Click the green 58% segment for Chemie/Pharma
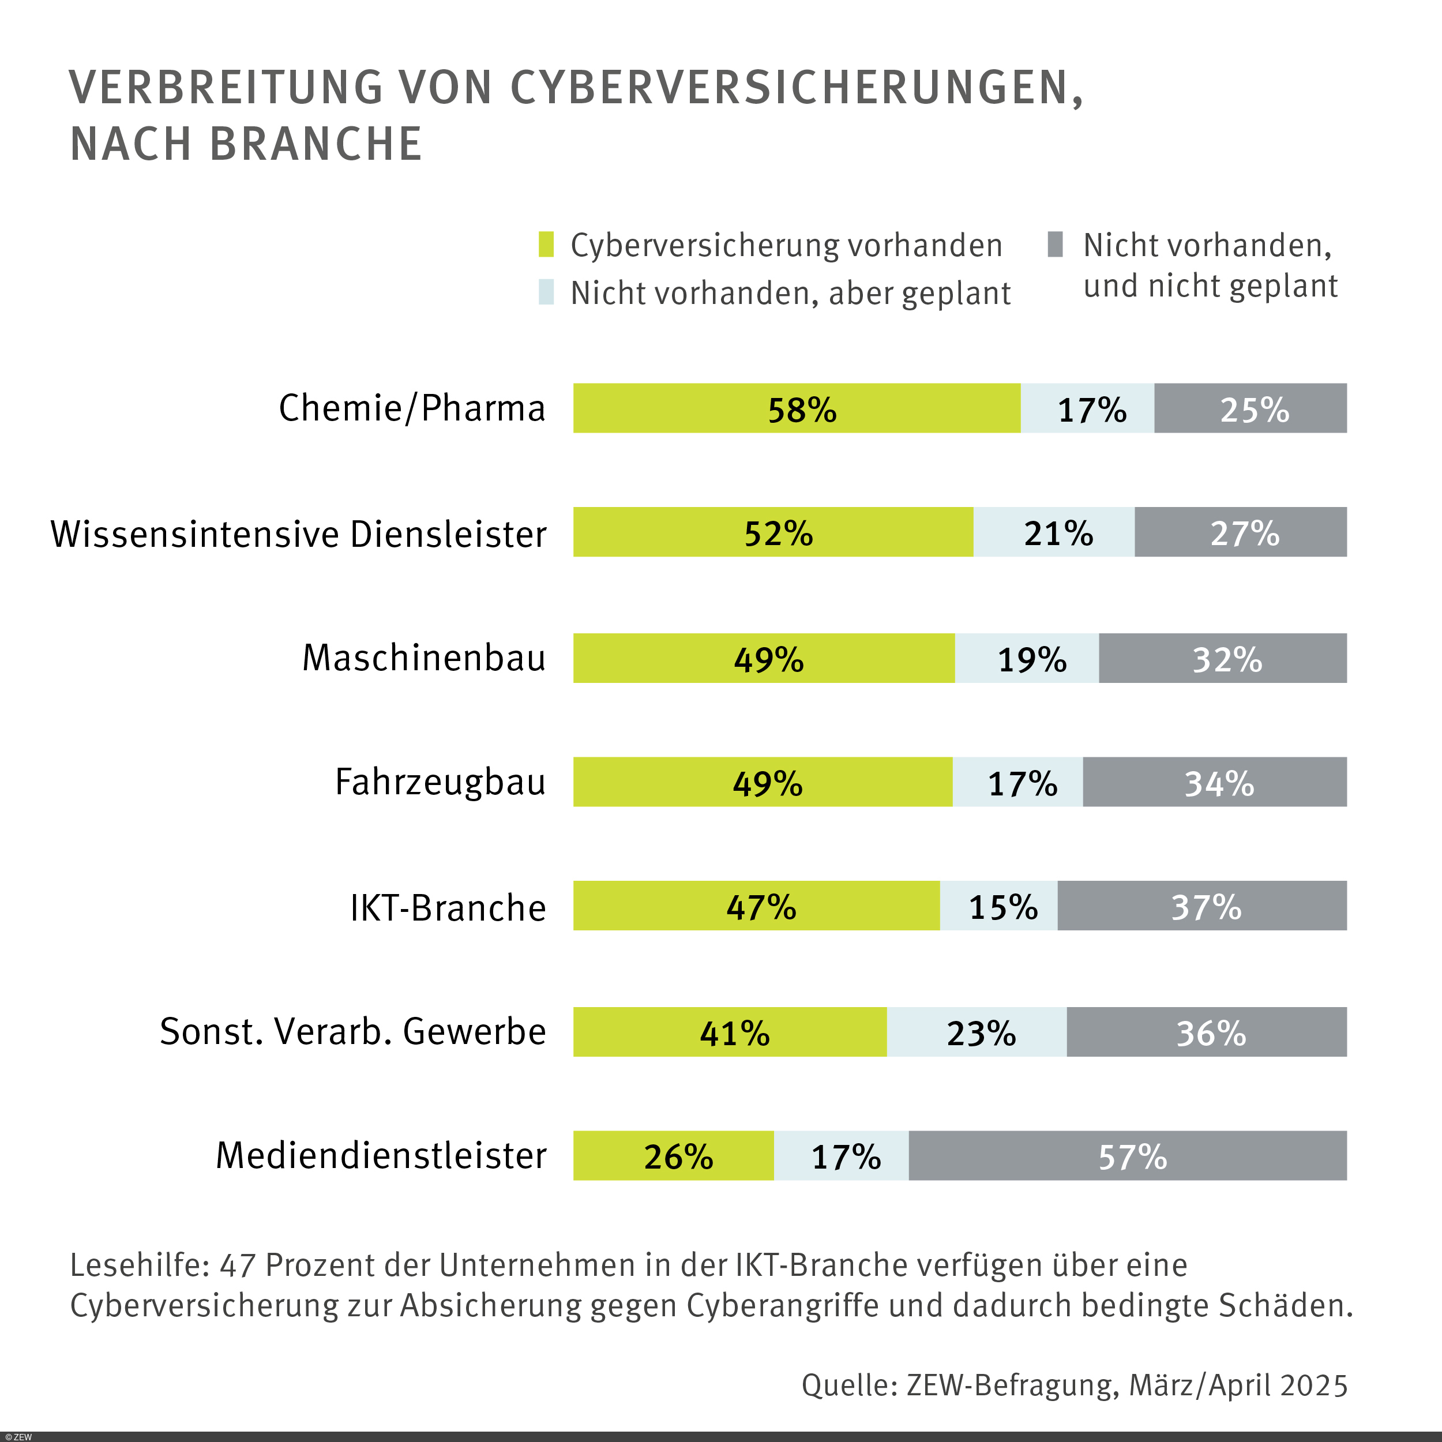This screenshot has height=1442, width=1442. coord(797,408)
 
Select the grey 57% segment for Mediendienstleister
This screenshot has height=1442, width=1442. coord(1127,1156)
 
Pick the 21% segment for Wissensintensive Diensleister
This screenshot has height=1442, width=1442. coord(1053,532)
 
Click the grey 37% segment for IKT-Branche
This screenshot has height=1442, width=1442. coord(1201,906)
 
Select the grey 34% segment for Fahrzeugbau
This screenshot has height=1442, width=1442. coord(1214,782)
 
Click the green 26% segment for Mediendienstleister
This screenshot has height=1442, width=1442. coord(673,1156)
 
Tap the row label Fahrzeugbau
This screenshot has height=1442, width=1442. coord(440,782)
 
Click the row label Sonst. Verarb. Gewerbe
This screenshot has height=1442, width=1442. coord(352,1031)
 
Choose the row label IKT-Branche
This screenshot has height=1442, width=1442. coord(448,907)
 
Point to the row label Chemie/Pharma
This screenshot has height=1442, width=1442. coord(411,408)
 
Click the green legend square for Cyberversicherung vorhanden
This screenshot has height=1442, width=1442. coord(546,245)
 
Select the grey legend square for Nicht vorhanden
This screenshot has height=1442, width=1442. coord(1054,244)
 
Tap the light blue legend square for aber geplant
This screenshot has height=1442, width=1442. coord(546,292)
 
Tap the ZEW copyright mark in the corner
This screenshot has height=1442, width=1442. coord(18,1437)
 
